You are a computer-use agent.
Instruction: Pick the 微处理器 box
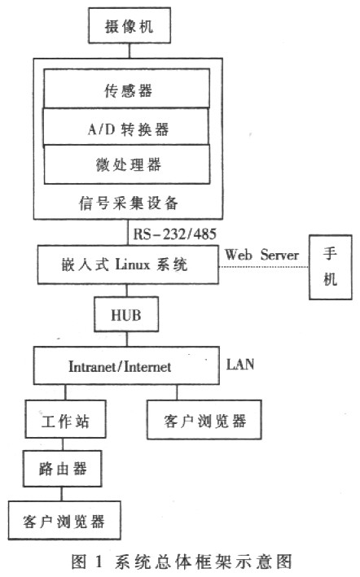pyautogui.click(x=126, y=164)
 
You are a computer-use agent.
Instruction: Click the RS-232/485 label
pyautogui.click(x=173, y=234)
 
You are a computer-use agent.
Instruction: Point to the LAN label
pyautogui.click(x=239, y=364)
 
